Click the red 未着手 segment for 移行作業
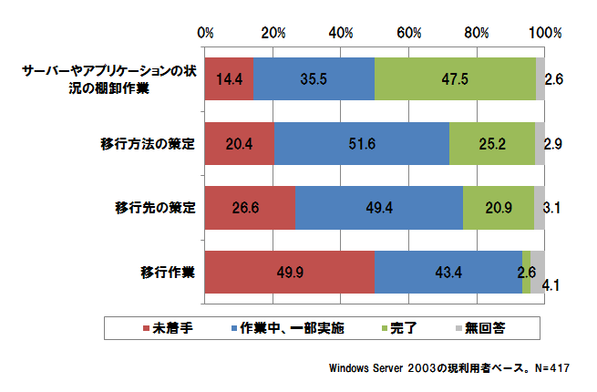[290, 271]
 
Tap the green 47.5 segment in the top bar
[455, 78]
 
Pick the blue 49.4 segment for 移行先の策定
[379, 208]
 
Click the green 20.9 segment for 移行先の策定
[498, 208]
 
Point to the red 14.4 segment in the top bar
[229, 78]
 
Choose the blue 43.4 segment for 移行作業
[448, 271]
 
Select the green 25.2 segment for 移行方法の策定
[492, 143]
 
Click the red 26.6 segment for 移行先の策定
[250, 208]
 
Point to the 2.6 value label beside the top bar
[553, 79]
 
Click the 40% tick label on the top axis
[342, 34]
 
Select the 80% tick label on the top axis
[478, 34]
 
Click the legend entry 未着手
[171, 326]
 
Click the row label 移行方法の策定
[149, 143]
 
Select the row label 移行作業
[168, 271]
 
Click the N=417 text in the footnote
[547, 368]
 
